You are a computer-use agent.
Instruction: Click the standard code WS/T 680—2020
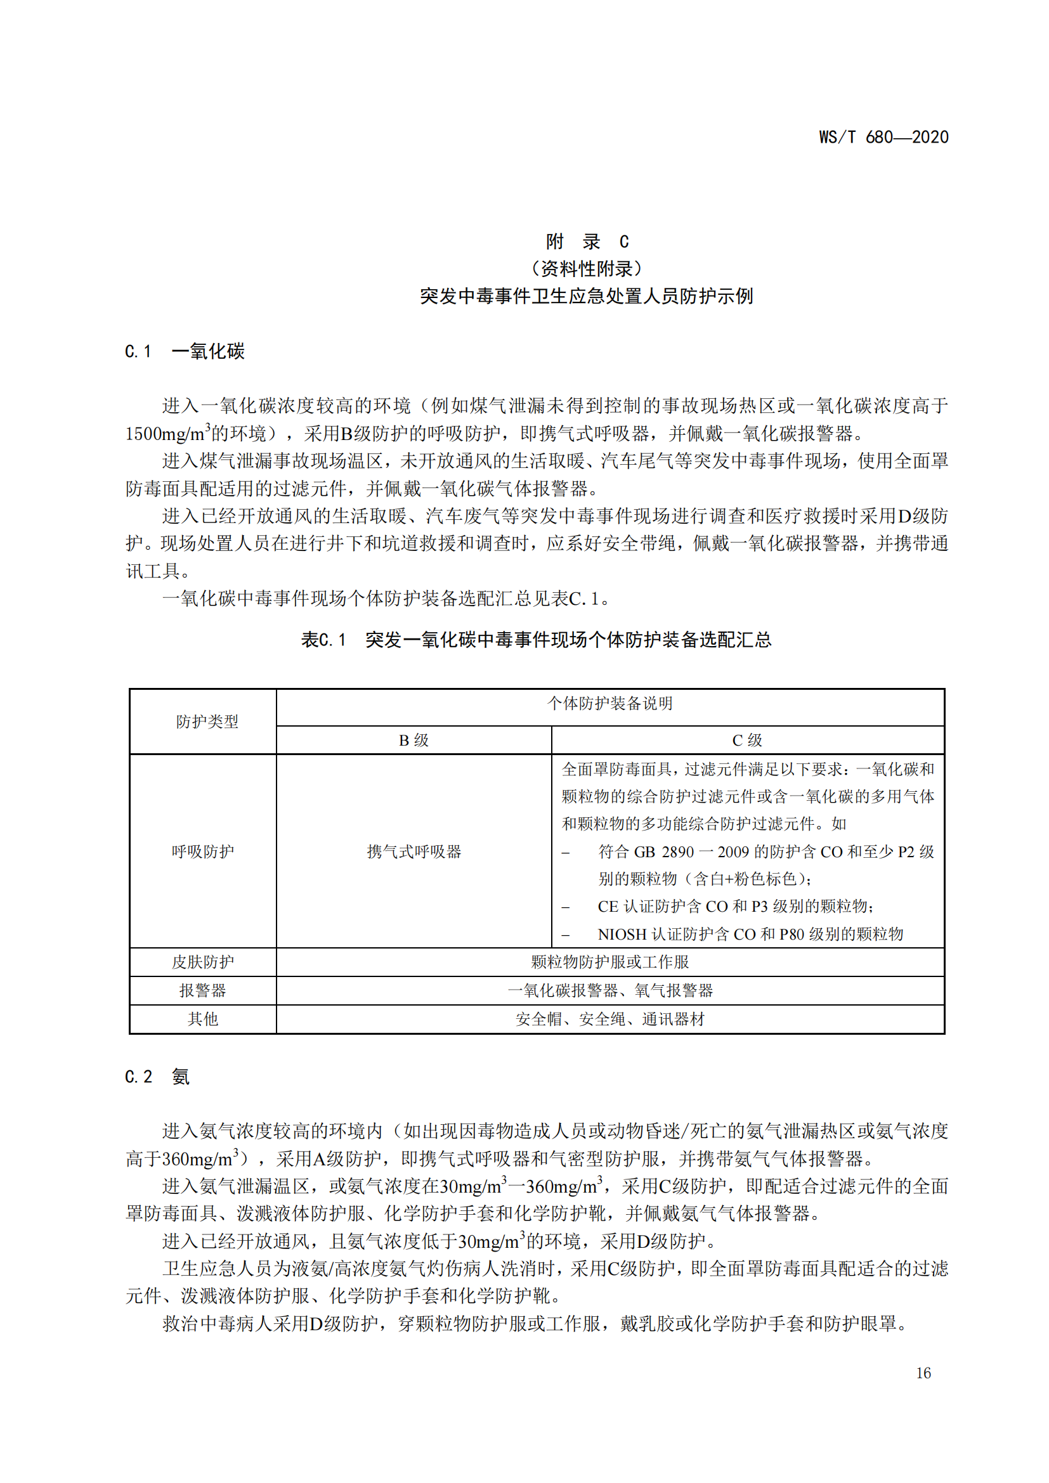(883, 137)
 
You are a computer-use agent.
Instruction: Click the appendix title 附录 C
(587, 242)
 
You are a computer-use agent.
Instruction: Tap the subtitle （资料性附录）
(587, 268)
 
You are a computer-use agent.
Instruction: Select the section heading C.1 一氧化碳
(185, 351)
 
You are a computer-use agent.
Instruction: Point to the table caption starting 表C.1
(536, 640)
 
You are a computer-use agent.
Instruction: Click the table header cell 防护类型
(207, 722)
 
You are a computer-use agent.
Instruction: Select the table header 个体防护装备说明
(609, 703)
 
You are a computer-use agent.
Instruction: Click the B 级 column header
(414, 740)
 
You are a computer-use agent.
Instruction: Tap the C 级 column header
(746, 740)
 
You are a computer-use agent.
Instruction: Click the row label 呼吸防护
(203, 852)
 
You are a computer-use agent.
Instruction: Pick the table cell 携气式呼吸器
(414, 852)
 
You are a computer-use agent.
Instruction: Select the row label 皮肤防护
(203, 962)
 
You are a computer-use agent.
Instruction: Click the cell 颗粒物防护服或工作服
(609, 962)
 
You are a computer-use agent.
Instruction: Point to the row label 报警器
(203, 990)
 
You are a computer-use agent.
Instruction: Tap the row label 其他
(203, 1019)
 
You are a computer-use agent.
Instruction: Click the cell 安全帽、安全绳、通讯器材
(609, 1019)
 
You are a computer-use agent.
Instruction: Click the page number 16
(923, 1373)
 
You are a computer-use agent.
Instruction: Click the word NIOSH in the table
(622, 934)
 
